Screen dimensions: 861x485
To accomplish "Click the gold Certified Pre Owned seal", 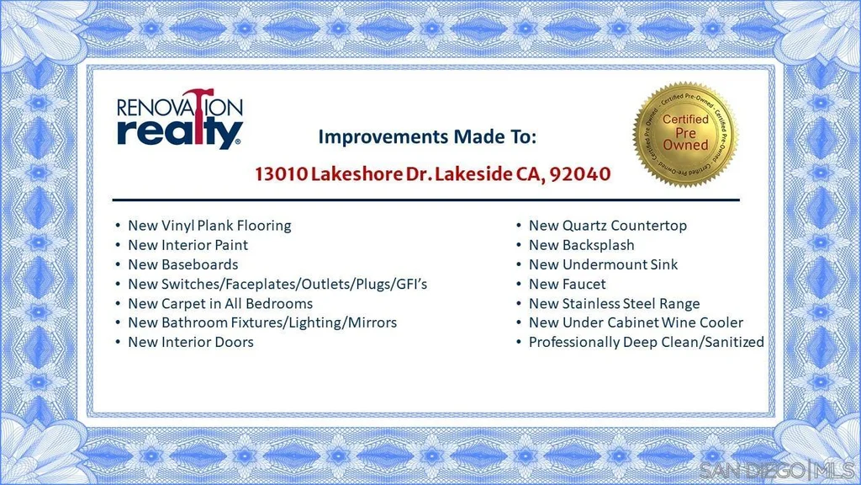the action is click(x=684, y=134).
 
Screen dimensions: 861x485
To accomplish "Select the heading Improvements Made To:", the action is click(x=427, y=136).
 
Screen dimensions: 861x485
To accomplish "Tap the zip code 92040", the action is click(x=580, y=173).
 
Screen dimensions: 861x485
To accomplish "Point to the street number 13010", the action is click(x=281, y=173).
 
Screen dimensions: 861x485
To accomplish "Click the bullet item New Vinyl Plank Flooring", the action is click(x=209, y=226).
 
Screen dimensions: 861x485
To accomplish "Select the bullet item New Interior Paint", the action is click(x=188, y=245).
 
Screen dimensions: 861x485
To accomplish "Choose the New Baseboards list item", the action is click(x=182, y=264).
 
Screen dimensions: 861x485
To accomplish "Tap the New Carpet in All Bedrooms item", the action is click(x=220, y=303).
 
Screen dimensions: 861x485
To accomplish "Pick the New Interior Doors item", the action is click(x=191, y=342).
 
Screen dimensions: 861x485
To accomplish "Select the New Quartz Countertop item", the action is click(x=608, y=226).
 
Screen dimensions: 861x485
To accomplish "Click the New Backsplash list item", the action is click(x=582, y=245).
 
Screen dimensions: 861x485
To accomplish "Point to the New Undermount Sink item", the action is click(x=604, y=264).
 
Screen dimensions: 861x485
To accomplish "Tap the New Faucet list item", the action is click(x=568, y=284).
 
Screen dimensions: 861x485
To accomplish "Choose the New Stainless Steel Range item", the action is click(x=615, y=303).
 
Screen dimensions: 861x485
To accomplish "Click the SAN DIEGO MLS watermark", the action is click(x=777, y=471).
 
